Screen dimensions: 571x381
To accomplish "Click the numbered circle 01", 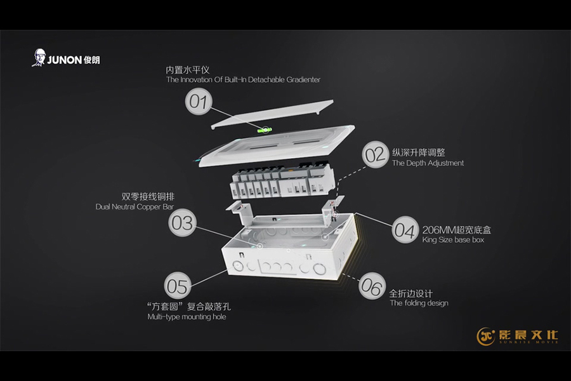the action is click(199, 102).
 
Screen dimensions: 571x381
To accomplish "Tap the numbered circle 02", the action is click(376, 154).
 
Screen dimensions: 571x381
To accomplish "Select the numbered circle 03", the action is click(183, 222).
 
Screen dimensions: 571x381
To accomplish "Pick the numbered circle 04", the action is click(405, 230).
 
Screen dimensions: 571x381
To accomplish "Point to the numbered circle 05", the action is click(178, 286).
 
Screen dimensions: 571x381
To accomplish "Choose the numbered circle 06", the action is click(372, 286).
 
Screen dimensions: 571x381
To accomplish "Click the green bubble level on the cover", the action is click(265, 129).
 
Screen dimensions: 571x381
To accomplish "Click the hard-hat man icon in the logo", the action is click(38, 58).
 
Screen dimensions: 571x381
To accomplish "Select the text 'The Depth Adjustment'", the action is click(428, 163).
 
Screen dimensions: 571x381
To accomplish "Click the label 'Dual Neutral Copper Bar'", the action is click(135, 207).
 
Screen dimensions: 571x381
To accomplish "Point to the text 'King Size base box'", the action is click(453, 240).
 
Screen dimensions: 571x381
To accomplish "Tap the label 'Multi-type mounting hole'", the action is click(187, 317).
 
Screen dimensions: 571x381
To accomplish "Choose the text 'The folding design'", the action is click(419, 303).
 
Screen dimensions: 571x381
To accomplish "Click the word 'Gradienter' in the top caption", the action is click(303, 79).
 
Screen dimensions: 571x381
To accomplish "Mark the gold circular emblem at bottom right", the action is click(486, 336).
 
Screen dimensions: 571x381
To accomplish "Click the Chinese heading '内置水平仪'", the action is click(188, 70).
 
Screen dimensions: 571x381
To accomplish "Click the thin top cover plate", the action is click(272, 114).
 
